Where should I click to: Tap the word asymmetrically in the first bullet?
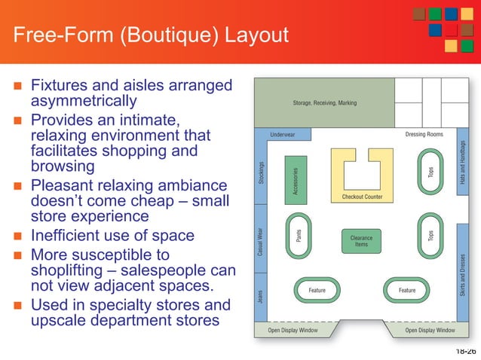pyautogui.click(x=83, y=100)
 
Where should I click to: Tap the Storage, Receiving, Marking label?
pyautogui.click(x=325, y=103)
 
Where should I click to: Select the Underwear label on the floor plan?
pyautogui.click(x=283, y=135)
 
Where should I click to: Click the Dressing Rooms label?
pyautogui.click(x=424, y=135)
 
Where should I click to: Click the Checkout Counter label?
pyautogui.click(x=362, y=197)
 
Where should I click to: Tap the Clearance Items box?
pyautogui.click(x=362, y=241)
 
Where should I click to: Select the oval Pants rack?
pyautogui.click(x=299, y=236)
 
